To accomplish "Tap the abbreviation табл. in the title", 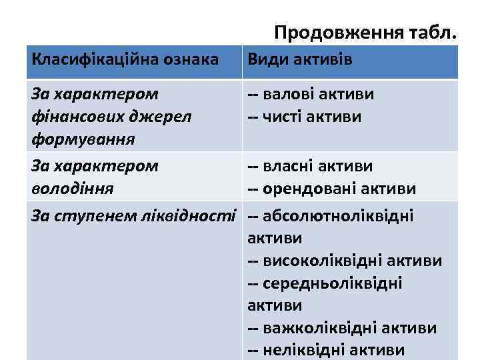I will (x=433, y=33).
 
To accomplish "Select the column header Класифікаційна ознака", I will (x=125, y=60).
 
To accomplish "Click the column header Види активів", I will (x=299, y=60).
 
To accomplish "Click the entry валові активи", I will (x=311, y=94).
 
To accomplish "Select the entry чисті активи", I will (x=305, y=117).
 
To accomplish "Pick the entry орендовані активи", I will (x=332, y=189).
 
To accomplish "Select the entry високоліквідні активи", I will (x=345, y=261).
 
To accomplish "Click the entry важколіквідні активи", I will (x=342, y=328).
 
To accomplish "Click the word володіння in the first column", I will (x=72, y=189).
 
